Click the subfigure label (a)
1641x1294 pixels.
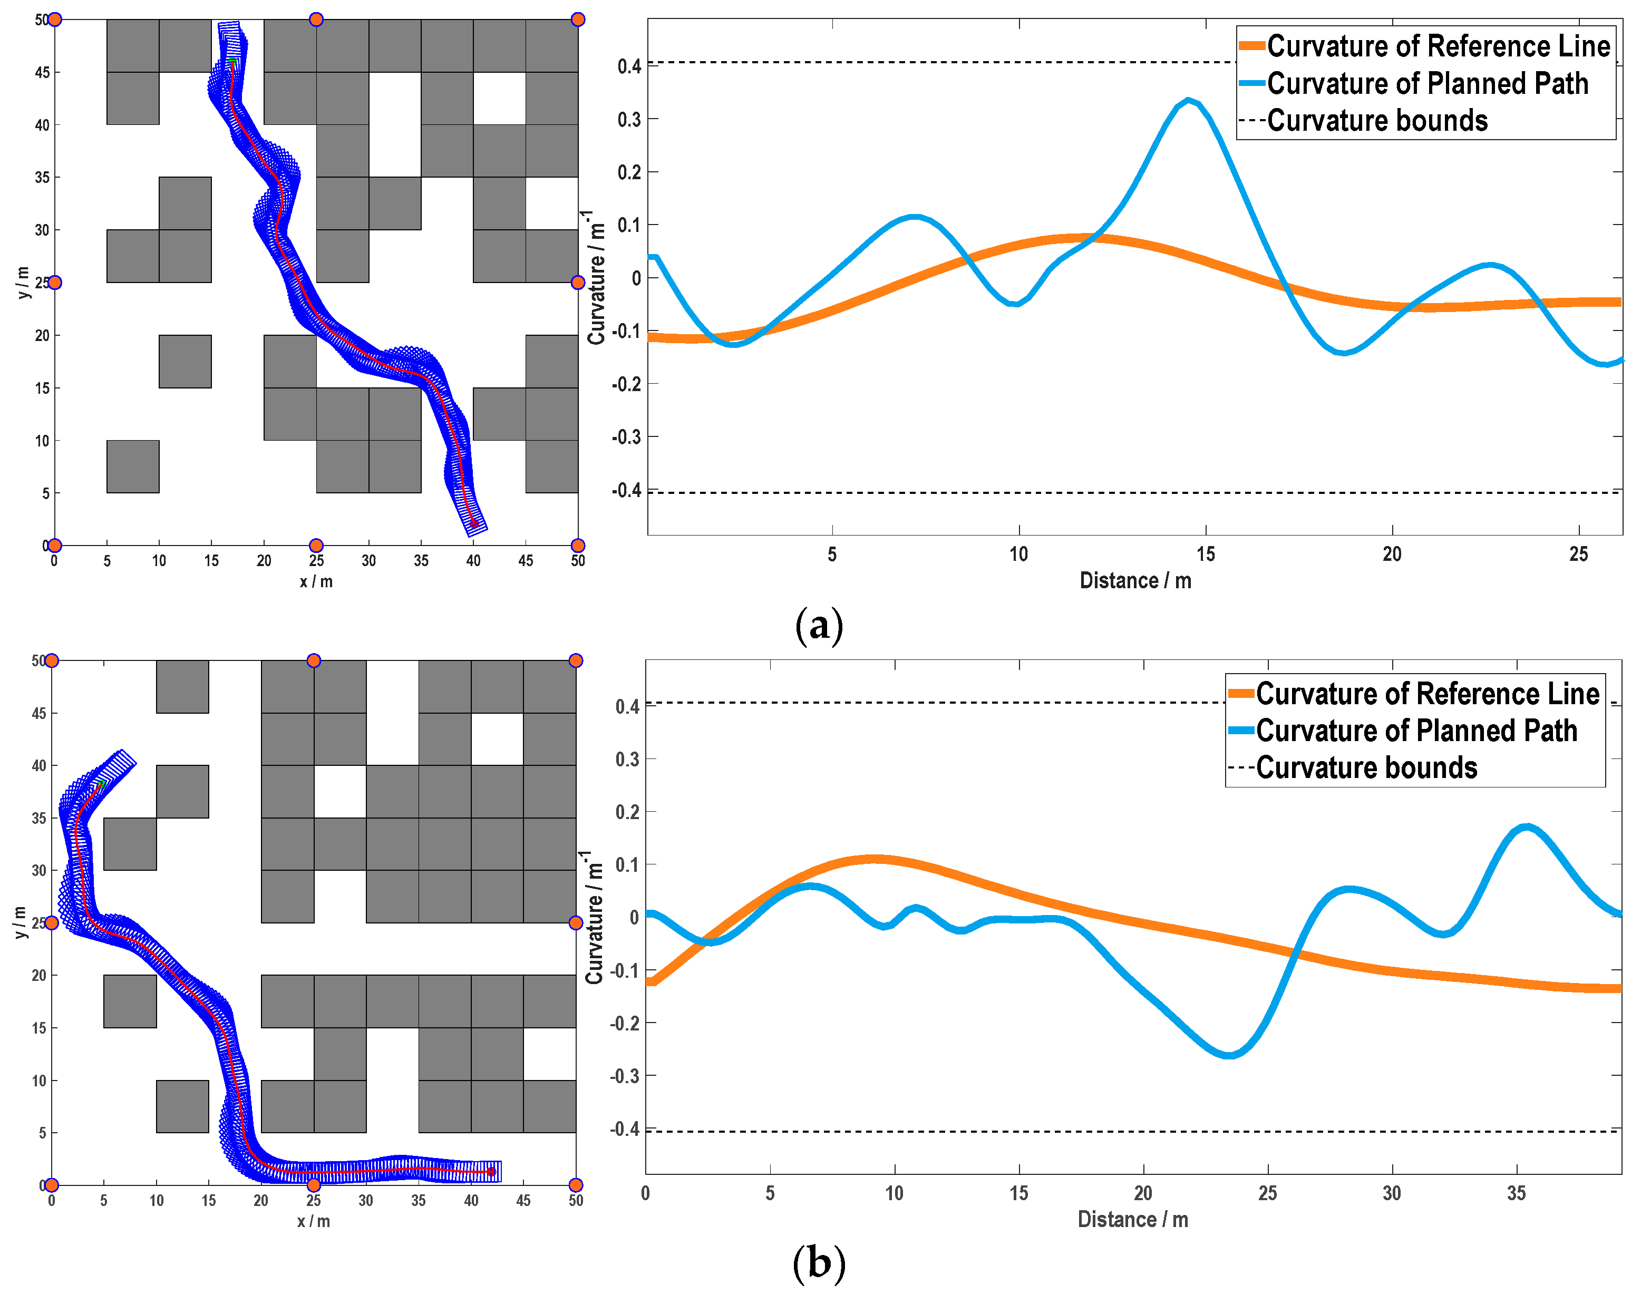(819, 626)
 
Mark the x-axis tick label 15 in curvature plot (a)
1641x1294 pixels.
(1206, 554)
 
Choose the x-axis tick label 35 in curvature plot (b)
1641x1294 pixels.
(1516, 1193)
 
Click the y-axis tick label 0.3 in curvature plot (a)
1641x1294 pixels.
(629, 120)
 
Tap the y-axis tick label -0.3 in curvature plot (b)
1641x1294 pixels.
(626, 1076)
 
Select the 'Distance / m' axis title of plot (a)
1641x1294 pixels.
(1135, 581)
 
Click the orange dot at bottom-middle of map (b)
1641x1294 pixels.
(314, 1185)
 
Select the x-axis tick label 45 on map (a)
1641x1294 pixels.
(526, 561)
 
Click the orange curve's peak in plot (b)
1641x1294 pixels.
(873, 859)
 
